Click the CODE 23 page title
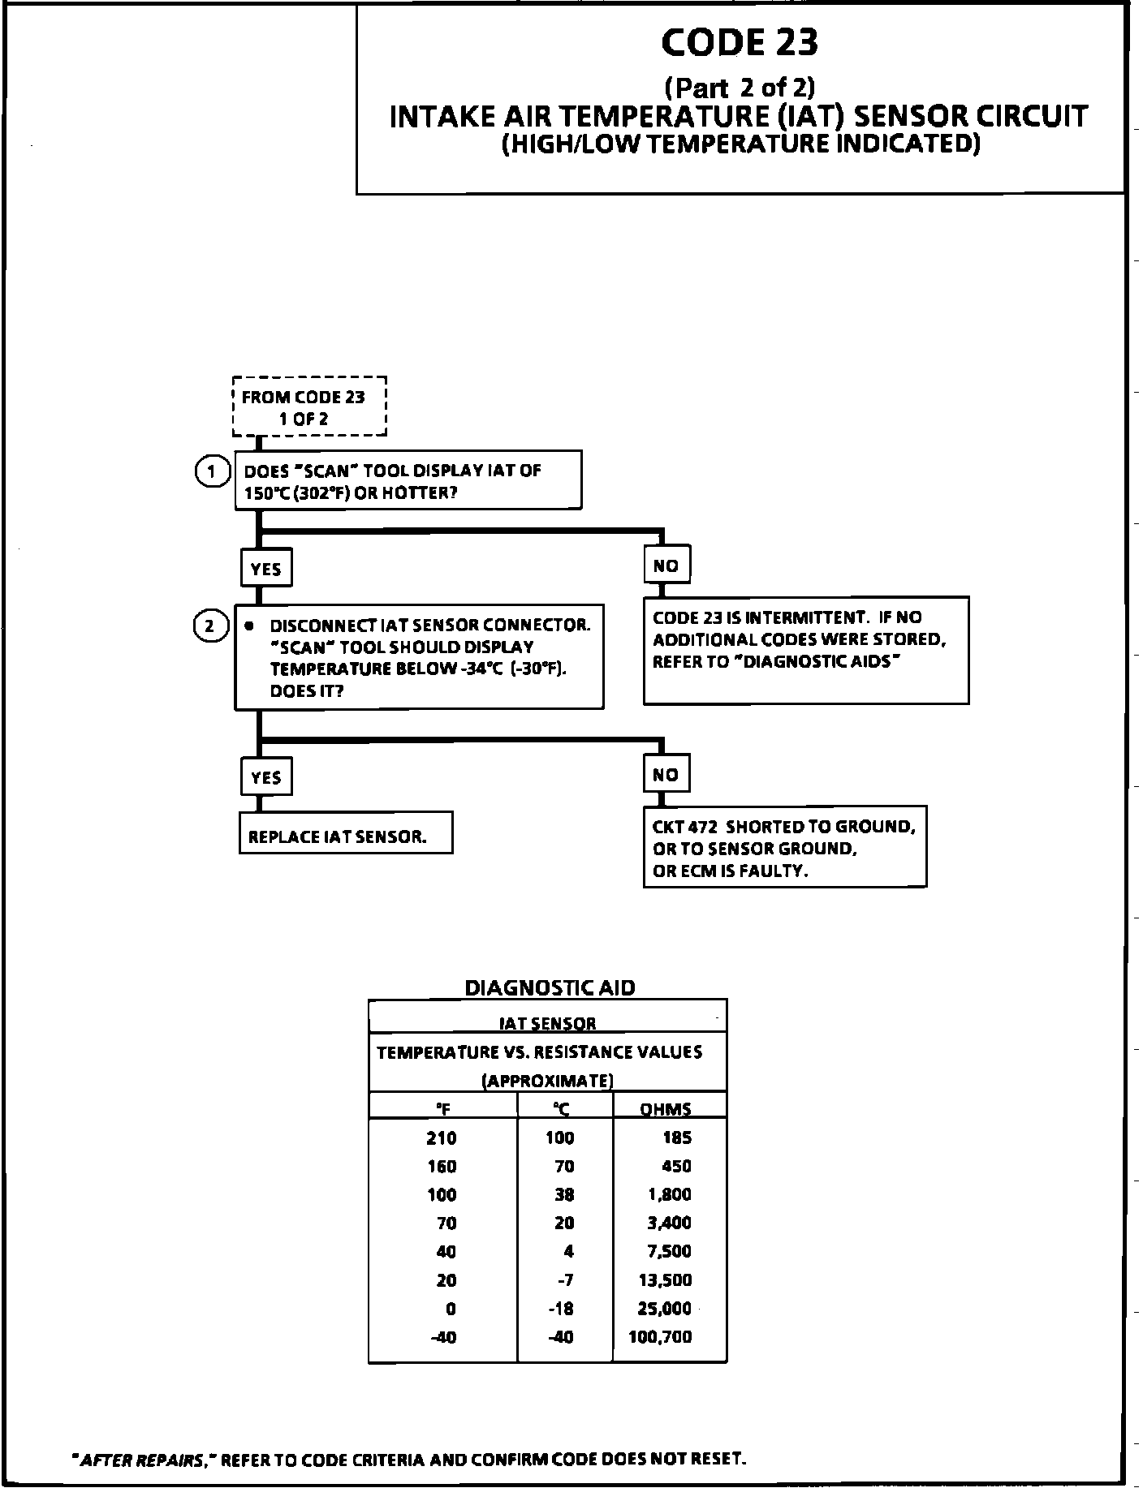coord(740,42)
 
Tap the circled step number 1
coord(211,471)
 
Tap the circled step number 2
coord(210,626)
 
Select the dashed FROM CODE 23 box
coord(309,407)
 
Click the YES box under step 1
coord(266,569)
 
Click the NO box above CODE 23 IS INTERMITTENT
coord(666,566)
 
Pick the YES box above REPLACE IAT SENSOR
coord(266,777)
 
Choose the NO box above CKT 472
coord(666,774)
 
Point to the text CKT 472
coord(684,827)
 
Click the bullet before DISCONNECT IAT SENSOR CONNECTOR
coord(249,626)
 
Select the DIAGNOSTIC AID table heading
coord(550,987)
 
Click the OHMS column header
coord(665,1109)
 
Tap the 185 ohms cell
coord(677,1138)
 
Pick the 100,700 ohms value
coord(660,1336)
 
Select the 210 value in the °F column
coord(442,1138)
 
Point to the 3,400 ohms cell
coord(669,1223)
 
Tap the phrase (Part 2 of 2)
coord(740,87)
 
